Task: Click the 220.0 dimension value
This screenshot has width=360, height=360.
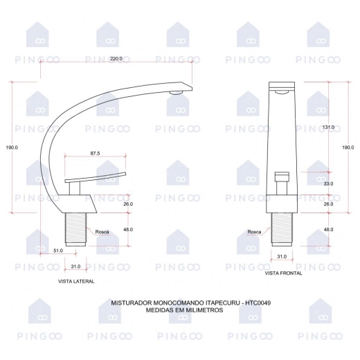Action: click(116, 58)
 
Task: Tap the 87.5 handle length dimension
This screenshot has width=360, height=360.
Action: click(95, 153)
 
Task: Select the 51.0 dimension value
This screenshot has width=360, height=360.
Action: click(58, 251)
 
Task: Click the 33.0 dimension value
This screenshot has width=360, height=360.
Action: click(328, 183)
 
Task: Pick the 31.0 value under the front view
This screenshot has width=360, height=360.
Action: click(282, 256)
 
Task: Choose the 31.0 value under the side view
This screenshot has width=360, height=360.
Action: click(75, 267)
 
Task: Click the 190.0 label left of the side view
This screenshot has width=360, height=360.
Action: click(12, 147)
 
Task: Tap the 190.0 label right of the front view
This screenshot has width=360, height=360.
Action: click(348, 147)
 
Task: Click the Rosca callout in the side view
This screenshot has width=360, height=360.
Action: click(102, 232)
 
